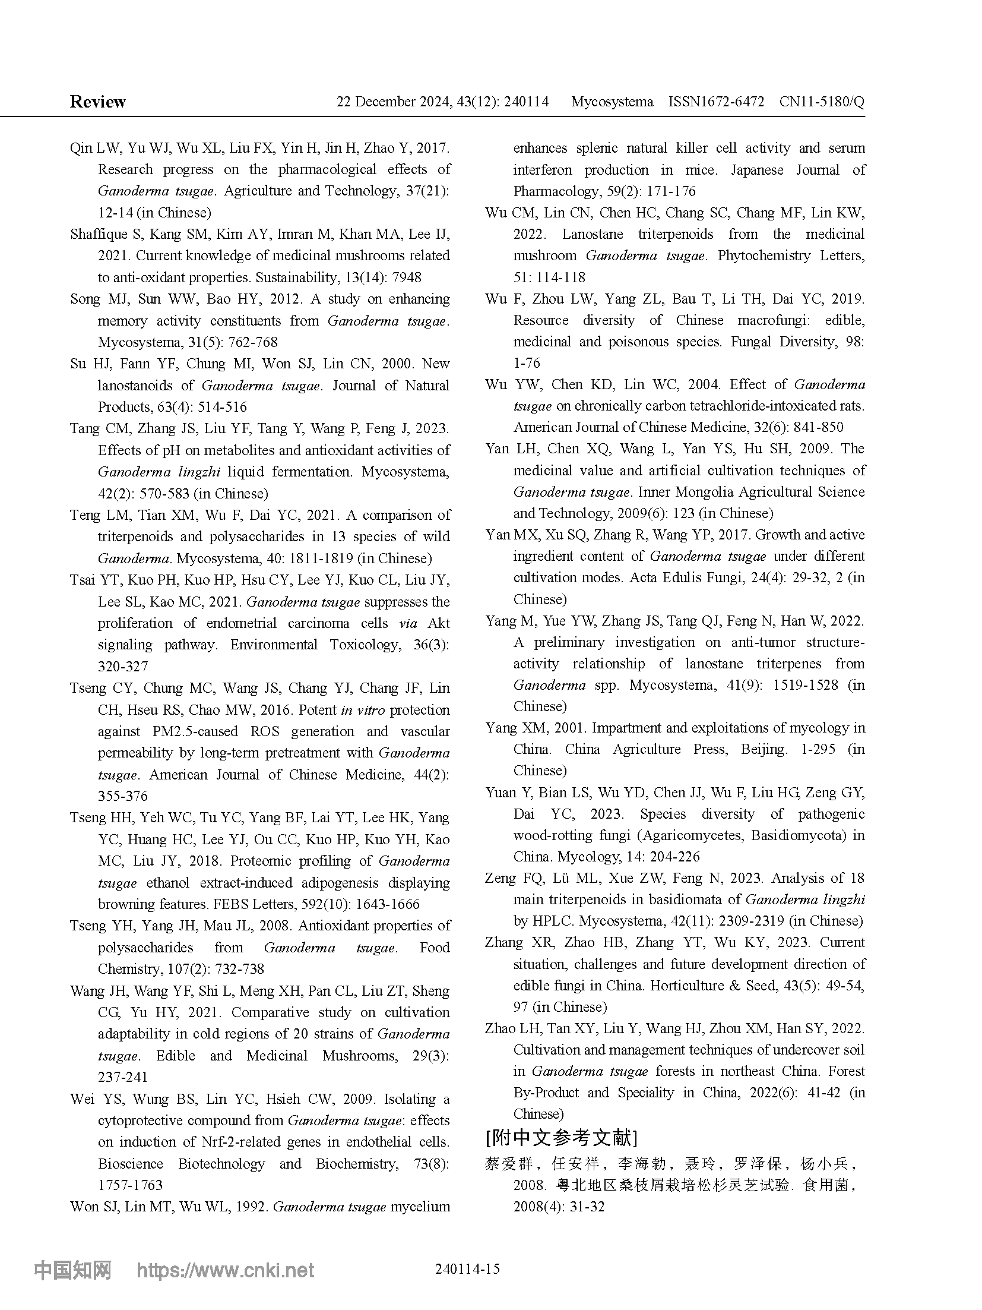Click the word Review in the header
tap(97, 102)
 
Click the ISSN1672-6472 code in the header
tap(716, 102)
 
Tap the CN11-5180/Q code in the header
tap(822, 102)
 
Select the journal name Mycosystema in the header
tap(612, 102)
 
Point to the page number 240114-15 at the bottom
tap(467, 1268)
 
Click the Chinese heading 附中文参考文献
tap(561, 1138)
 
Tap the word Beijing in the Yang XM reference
tap(764, 749)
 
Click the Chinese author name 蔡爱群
tap(509, 1164)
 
